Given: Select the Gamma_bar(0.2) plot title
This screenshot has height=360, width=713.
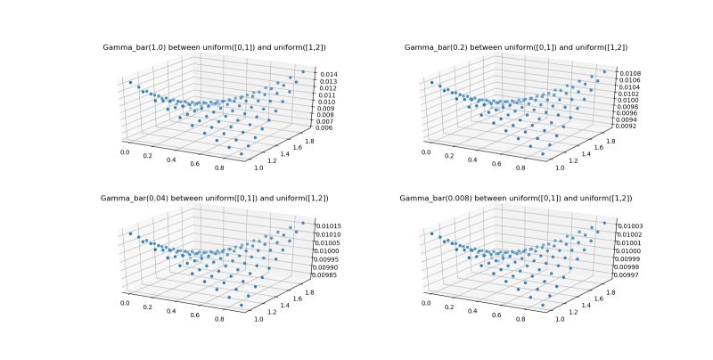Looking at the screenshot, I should [x=515, y=46].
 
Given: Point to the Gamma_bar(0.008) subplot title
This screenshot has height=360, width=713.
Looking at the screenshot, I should [x=515, y=197].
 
